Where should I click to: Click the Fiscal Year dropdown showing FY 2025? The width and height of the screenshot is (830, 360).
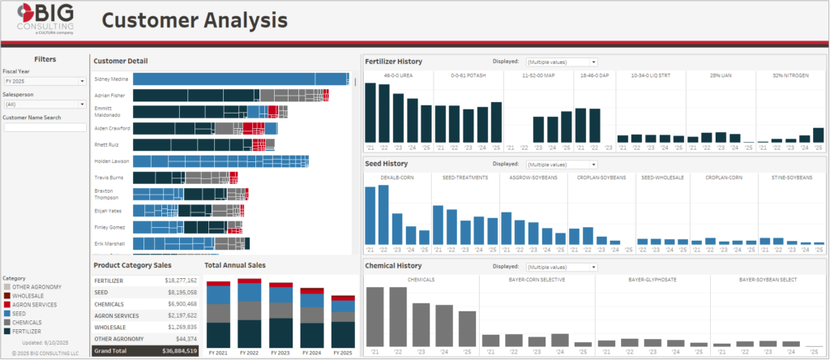45,81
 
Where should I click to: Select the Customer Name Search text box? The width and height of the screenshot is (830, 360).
45,127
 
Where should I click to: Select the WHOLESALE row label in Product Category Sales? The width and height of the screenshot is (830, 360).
109,327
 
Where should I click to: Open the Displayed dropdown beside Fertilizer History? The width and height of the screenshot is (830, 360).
561,62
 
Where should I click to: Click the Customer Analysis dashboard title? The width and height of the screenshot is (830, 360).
195,20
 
